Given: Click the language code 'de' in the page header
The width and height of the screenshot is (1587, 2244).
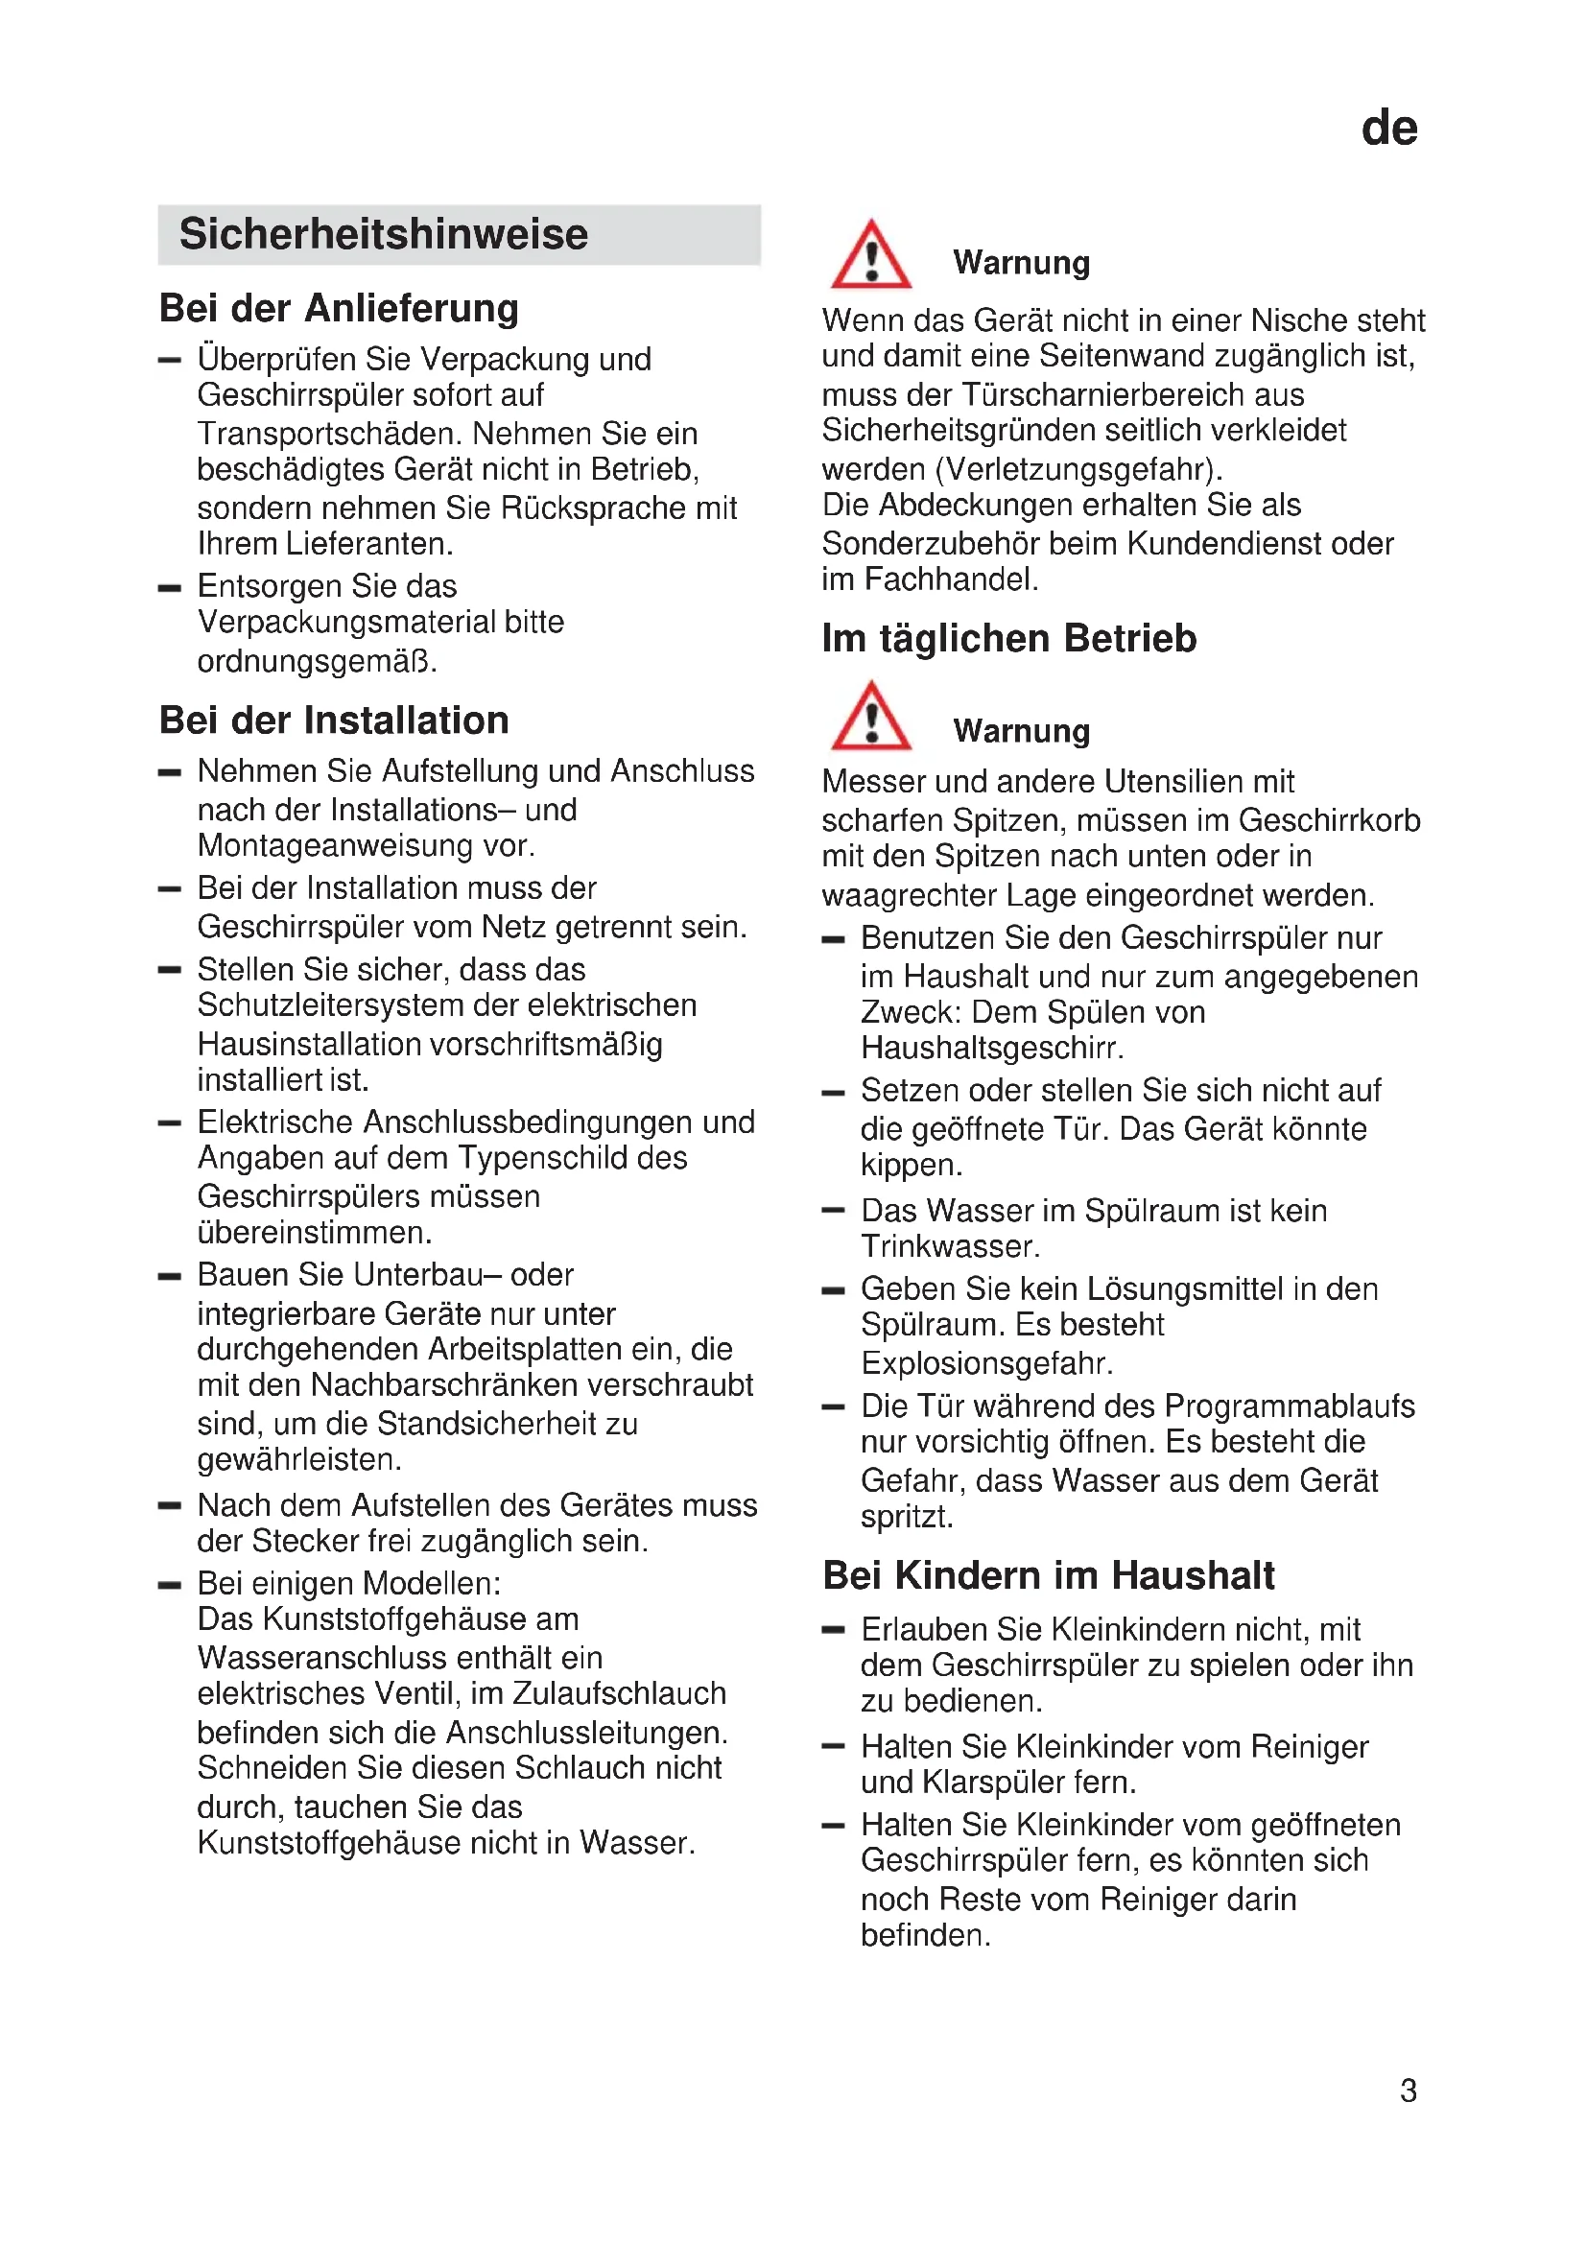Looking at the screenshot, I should pyautogui.click(x=1388, y=128).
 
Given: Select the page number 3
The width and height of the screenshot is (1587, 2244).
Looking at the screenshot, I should pyautogui.click(x=1408, y=2090).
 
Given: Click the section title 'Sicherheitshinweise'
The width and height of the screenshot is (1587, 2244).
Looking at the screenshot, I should pyautogui.click(x=383, y=234).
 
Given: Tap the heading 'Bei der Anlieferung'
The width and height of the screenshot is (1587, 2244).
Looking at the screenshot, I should pyautogui.click(x=339, y=308).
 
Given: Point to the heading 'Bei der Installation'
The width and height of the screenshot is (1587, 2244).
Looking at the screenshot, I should pyautogui.click(x=334, y=720).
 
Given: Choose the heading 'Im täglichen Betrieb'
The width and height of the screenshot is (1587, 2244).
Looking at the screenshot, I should pyautogui.click(x=1008, y=638).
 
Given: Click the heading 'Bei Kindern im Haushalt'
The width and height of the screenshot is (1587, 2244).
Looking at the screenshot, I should pyautogui.click(x=1049, y=1575).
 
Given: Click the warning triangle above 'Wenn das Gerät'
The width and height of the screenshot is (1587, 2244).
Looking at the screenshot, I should pyautogui.click(x=870, y=256).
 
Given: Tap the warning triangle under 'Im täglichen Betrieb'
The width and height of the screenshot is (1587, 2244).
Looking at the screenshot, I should pyautogui.click(x=870, y=718).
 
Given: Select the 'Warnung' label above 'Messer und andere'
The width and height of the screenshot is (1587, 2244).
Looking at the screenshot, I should pyautogui.click(x=1021, y=731).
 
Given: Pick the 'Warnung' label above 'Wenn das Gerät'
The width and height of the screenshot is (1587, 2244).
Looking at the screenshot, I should pyautogui.click(x=1021, y=263).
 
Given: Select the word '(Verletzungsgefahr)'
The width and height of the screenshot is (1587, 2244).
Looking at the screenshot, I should pyautogui.click(x=1078, y=470).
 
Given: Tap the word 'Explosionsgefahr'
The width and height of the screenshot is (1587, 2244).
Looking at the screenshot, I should pyautogui.click(x=986, y=1363).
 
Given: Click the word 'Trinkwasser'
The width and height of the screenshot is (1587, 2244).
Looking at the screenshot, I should pyautogui.click(x=950, y=1247).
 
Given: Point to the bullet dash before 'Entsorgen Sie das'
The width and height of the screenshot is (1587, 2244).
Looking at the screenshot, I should pyautogui.click(x=170, y=588).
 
